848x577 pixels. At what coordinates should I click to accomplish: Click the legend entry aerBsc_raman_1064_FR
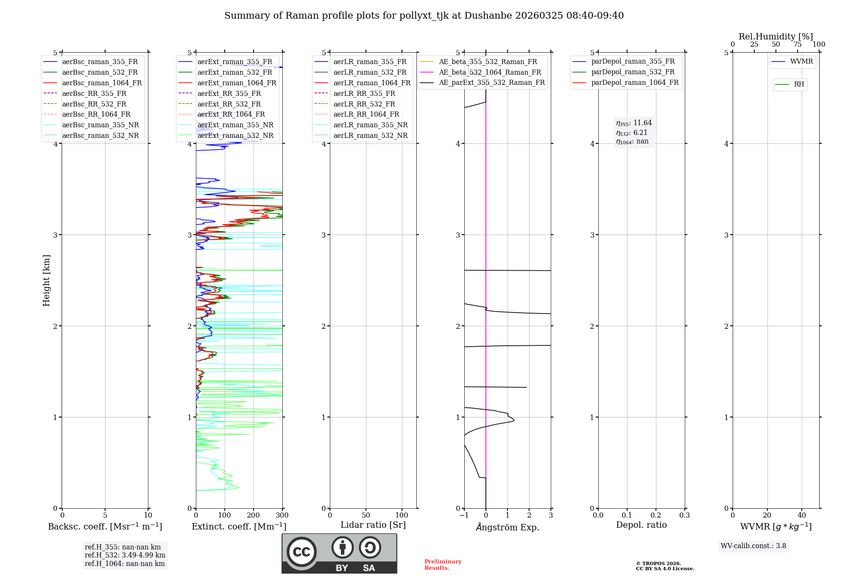pos(102,83)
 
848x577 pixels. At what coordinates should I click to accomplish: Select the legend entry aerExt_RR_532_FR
pos(229,104)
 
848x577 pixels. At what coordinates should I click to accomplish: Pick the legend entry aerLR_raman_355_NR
pos(370,125)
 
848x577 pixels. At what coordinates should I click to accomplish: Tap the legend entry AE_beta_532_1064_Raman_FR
pos(490,73)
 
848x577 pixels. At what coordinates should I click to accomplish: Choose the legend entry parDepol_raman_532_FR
pos(633,72)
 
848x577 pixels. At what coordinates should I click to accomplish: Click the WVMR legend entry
pos(801,62)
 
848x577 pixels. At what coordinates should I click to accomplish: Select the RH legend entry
pos(799,84)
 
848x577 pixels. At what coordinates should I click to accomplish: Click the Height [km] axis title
pos(47,280)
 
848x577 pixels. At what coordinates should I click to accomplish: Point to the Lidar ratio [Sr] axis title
pos(373,525)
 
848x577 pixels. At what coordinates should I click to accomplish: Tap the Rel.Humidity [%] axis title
pos(775,36)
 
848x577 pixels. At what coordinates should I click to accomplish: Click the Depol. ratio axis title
pos(641,525)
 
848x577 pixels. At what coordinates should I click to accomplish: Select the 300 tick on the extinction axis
pos(282,515)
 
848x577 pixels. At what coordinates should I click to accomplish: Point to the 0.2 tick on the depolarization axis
pos(656,515)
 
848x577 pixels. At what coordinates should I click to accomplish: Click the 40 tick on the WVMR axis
pos(802,515)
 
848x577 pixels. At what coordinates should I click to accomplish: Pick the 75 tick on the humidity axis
pos(798,45)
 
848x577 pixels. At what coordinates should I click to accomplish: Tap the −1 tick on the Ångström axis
pos(464,515)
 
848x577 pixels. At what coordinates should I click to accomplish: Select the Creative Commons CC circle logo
pos(301,552)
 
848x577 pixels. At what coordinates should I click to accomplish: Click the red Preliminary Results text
pos(443,565)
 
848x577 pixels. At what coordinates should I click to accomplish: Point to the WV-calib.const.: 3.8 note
pos(753,546)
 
